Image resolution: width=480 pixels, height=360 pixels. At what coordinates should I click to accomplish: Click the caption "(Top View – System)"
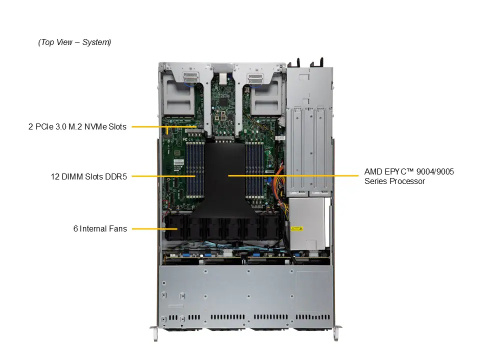[x=74, y=42]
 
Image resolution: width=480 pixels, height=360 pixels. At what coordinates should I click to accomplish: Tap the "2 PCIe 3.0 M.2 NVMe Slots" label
[x=77, y=127]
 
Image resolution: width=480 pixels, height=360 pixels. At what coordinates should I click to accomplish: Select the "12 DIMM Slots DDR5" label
[x=88, y=176]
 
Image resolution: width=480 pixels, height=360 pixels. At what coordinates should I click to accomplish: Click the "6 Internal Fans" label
[x=100, y=229]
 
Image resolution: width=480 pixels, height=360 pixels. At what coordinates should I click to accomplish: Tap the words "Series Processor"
[x=394, y=181]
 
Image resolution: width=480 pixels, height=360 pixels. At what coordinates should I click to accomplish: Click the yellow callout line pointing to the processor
[x=295, y=175]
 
